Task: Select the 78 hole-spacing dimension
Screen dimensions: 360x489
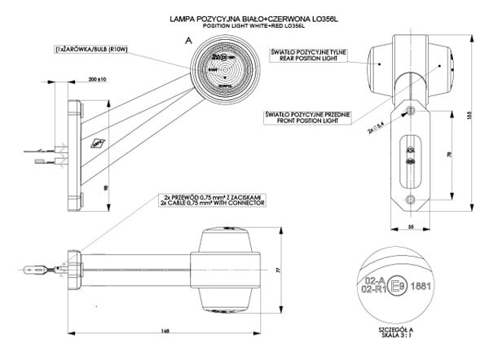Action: (441, 154)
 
